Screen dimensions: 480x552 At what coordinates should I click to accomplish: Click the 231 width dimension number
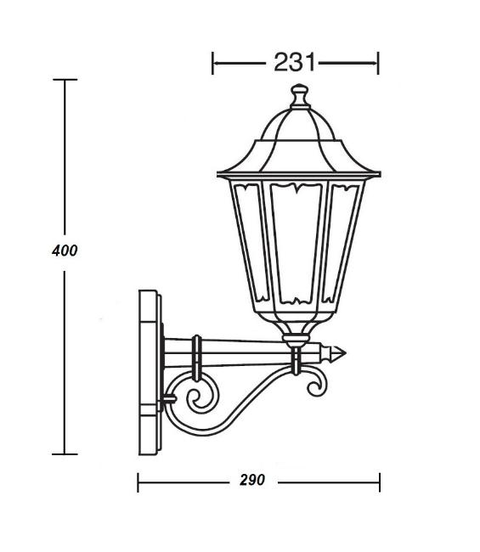click(x=294, y=62)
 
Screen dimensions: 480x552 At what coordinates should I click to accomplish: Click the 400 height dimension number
click(x=65, y=251)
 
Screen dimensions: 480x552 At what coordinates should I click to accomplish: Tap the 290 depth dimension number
click(x=252, y=480)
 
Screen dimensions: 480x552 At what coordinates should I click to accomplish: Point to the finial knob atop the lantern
click(x=300, y=95)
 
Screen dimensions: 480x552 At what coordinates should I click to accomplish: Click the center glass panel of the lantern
click(x=296, y=244)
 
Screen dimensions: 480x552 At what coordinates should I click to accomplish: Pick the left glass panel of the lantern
click(x=251, y=243)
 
